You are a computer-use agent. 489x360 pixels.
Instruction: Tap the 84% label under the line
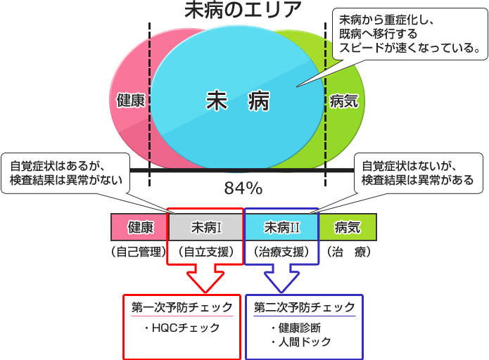(x=243, y=188)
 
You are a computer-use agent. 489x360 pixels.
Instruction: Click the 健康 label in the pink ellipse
(x=131, y=101)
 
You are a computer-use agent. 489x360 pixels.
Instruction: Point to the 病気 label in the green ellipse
(x=344, y=101)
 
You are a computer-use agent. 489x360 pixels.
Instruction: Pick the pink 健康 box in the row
(x=140, y=227)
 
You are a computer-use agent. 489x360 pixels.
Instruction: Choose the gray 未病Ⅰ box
(x=206, y=227)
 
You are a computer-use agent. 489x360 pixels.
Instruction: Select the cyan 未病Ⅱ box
(x=281, y=227)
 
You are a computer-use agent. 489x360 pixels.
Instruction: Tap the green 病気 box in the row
(x=348, y=227)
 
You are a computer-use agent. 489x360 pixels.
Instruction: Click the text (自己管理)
(x=138, y=251)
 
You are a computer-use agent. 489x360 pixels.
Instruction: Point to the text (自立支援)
(x=206, y=251)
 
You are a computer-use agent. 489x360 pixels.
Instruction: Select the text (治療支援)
(x=281, y=251)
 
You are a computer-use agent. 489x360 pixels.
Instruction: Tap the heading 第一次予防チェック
(x=182, y=307)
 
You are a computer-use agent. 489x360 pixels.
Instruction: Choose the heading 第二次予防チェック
(x=305, y=307)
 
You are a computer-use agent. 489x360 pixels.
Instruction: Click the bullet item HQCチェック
(x=182, y=328)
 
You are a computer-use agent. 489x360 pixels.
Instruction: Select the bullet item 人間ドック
(x=300, y=342)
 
